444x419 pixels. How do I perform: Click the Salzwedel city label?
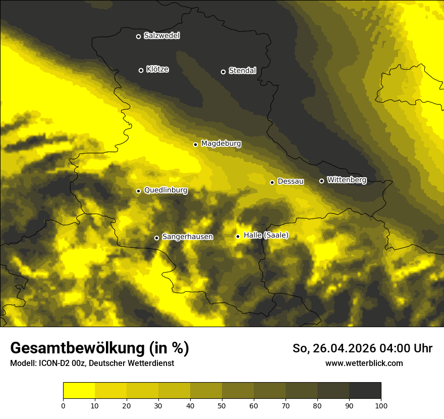[161, 36]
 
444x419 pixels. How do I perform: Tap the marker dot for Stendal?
[223, 72]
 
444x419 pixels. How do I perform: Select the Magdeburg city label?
[221, 144]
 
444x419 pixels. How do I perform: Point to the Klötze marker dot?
[141, 70]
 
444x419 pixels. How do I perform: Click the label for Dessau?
[291, 181]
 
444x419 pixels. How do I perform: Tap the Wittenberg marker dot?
[321, 181]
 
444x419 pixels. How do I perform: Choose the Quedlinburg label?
[165, 190]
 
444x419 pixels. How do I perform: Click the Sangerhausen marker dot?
[156, 238]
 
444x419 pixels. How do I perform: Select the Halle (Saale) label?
[266, 235]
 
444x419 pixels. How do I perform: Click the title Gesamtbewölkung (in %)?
[99, 348]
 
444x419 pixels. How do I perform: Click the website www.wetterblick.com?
[364, 363]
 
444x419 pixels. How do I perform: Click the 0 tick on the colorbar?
[63, 405]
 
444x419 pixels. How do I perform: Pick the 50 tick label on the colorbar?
[222, 405]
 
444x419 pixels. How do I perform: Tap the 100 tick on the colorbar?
[381, 405]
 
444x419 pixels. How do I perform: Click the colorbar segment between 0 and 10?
[79, 391]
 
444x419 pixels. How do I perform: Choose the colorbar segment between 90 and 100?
[365, 391]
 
